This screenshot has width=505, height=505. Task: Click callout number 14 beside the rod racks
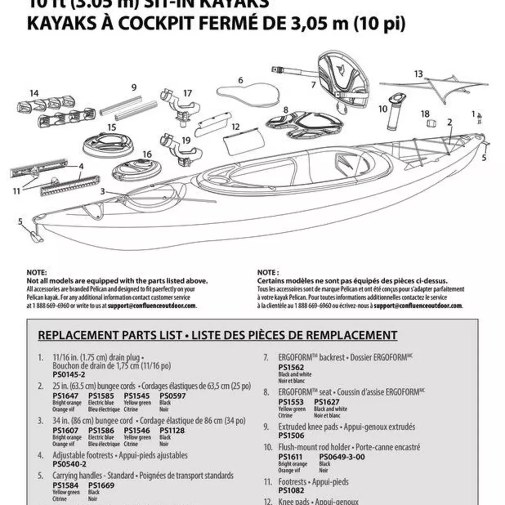(34, 93)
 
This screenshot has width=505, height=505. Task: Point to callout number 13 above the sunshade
(418, 74)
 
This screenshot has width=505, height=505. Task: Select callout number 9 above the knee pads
(134, 87)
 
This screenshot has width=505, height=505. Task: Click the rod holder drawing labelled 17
(179, 106)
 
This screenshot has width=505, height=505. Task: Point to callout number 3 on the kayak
(103, 191)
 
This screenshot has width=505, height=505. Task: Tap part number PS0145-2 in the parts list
(69, 375)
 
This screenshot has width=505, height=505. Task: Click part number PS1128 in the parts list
(172, 431)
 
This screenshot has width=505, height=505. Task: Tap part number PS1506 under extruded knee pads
(291, 435)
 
